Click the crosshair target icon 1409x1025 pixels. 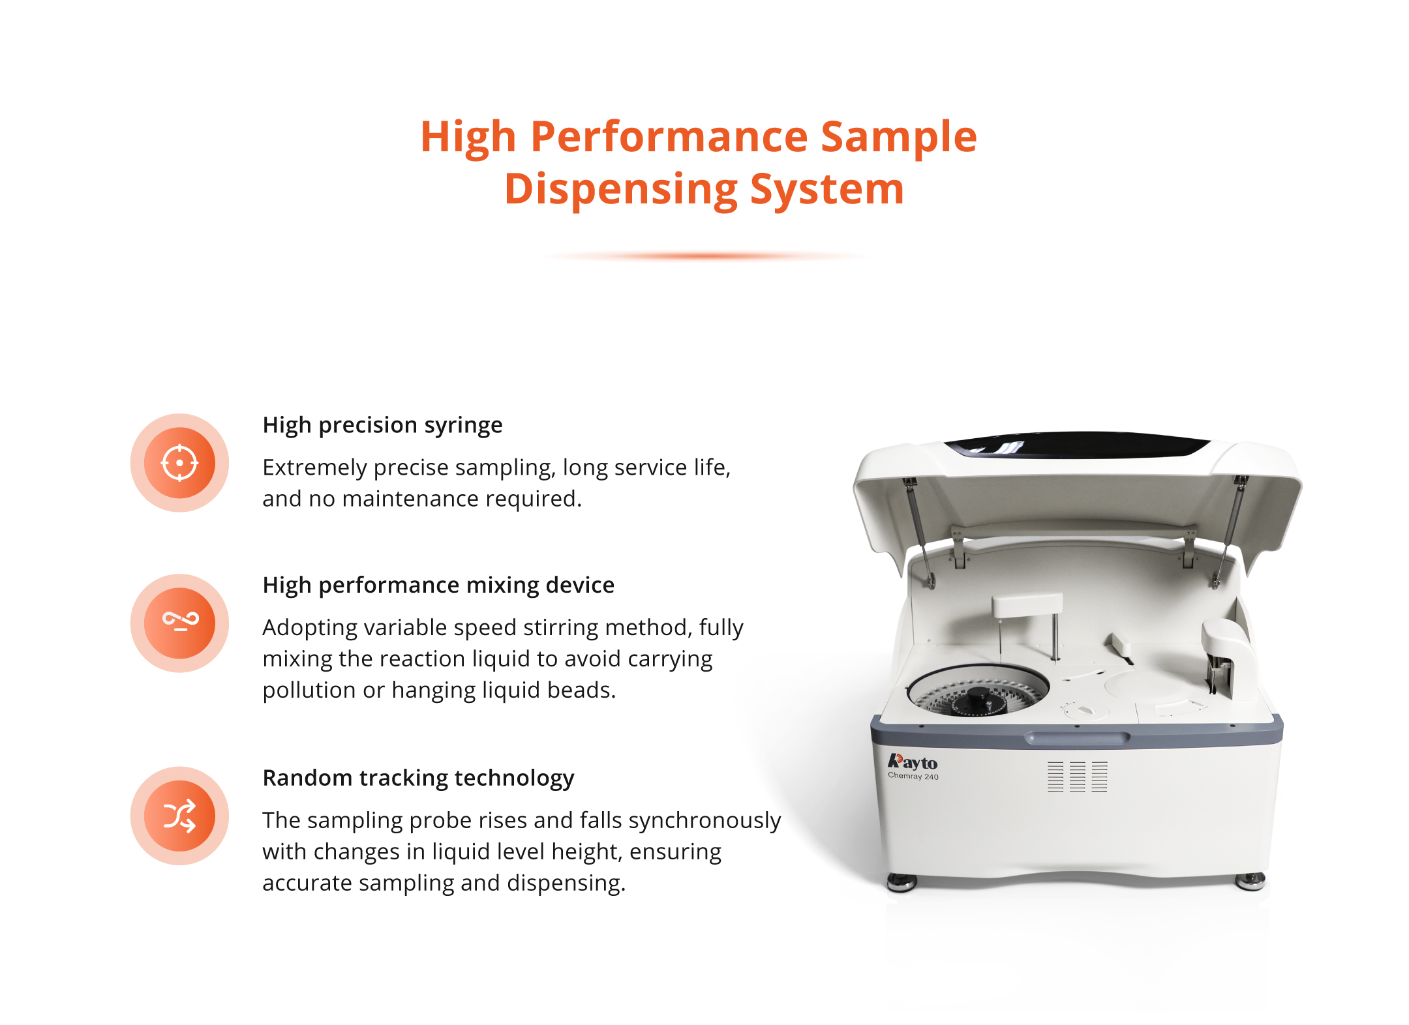(x=179, y=463)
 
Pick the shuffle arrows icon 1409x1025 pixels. (x=179, y=816)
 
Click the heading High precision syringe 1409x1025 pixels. (x=382, y=426)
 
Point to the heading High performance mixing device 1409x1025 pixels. (x=438, y=585)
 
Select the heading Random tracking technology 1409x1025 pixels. (x=418, y=778)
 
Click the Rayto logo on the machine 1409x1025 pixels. (x=912, y=762)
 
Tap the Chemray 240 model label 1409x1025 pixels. (x=913, y=776)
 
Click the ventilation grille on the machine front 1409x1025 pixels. (x=1077, y=776)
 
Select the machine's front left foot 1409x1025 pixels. (x=902, y=883)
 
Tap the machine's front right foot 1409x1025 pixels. (x=1250, y=882)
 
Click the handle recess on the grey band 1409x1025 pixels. (x=1077, y=738)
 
